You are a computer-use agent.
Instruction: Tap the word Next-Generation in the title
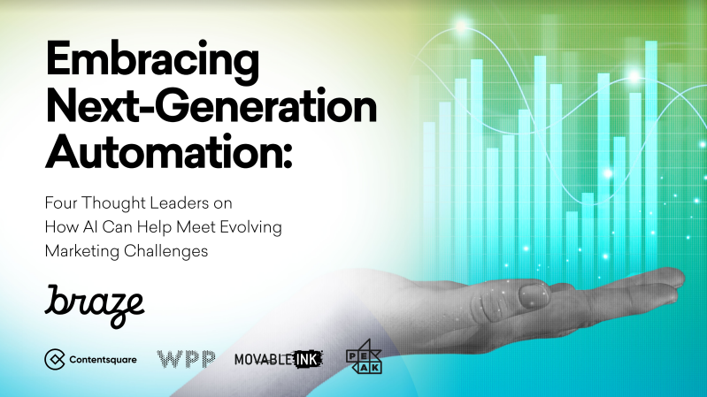(x=211, y=105)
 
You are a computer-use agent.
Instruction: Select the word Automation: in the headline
(x=169, y=151)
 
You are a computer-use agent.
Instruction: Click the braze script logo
(x=94, y=306)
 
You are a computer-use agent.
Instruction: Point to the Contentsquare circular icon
(x=55, y=359)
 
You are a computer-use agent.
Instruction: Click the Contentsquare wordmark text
(x=103, y=360)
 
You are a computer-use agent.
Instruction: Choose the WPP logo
(x=186, y=359)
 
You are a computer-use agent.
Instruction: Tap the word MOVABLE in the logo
(x=264, y=359)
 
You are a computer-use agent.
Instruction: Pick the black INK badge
(x=308, y=359)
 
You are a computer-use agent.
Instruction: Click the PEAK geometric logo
(x=364, y=357)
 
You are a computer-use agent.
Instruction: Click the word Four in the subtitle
(x=61, y=203)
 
